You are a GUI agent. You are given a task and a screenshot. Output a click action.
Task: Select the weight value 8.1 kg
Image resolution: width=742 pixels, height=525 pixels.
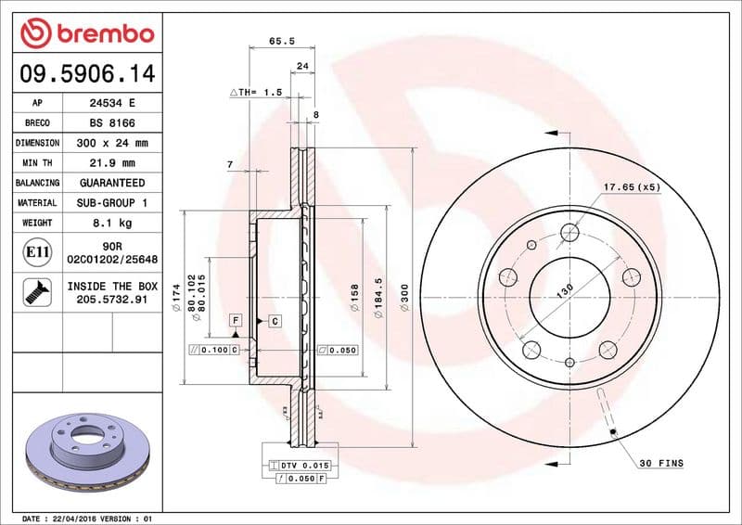[112, 223]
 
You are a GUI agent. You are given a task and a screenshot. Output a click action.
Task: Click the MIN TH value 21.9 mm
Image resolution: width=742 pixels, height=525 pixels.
[112, 163]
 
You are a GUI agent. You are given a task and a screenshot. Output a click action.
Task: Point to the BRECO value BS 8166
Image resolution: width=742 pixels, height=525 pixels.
[112, 123]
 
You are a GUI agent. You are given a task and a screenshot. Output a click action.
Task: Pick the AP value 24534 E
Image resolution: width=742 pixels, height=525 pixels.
[112, 104]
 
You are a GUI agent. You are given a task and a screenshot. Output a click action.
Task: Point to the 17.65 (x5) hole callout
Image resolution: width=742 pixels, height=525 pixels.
[632, 187]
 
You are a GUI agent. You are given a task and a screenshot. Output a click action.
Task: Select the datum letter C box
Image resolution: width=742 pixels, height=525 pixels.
[275, 321]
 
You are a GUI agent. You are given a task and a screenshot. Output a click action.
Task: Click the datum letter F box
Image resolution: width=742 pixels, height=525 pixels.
[237, 321]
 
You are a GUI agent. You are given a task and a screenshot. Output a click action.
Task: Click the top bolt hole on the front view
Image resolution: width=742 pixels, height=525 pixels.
[569, 233]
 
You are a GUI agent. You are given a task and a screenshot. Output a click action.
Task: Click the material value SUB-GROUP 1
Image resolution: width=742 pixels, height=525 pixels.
[112, 202]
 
